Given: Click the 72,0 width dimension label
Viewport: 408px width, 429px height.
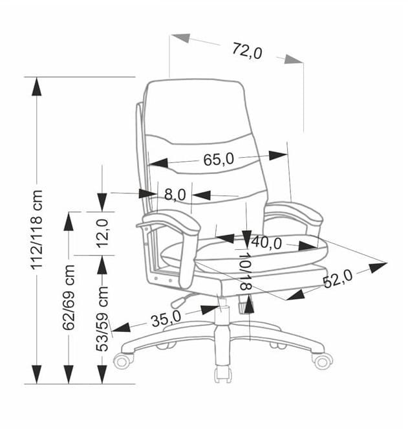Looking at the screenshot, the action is tap(247, 51).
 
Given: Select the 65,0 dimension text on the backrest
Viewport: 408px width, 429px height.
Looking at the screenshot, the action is tap(219, 159).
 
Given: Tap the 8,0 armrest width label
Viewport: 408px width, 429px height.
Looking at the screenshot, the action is tap(175, 195).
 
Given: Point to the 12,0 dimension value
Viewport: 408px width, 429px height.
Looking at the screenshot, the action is tap(103, 234).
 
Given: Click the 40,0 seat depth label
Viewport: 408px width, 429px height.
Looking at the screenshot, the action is tap(266, 243).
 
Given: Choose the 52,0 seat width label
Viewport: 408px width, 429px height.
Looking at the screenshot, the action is tap(338, 278).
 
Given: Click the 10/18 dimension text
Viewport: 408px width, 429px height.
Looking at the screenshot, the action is tap(246, 271).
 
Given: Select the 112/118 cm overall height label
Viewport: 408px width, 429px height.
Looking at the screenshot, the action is tap(37, 229).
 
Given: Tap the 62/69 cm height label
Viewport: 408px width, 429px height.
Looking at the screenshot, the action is tap(69, 298).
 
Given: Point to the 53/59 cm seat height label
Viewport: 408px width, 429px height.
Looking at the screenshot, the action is tap(102, 319).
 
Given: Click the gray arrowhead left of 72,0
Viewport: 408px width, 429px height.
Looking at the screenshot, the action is tap(180, 38).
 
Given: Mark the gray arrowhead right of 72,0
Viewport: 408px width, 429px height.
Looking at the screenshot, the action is tap(294, 60).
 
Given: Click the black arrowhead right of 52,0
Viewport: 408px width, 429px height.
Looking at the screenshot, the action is tap(378, 267).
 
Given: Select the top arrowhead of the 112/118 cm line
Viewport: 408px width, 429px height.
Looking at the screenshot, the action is tap(37, 87).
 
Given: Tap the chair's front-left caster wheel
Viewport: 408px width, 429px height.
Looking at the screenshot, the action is tap(123, 360).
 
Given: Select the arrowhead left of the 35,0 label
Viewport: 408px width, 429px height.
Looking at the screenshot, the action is tap(121, 327).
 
